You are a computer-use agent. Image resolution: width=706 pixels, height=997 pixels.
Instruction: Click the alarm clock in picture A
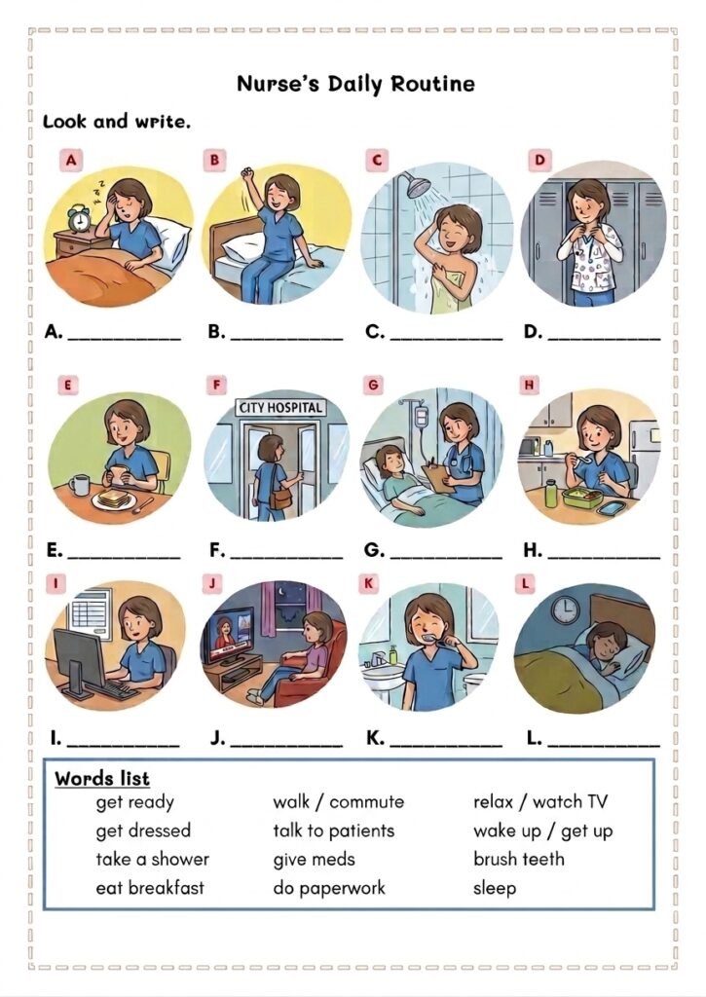coord(80,219)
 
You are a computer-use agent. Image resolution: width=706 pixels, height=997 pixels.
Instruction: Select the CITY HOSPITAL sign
coord(279,408)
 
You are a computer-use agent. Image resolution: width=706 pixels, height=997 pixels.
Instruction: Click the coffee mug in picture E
coord(80,485)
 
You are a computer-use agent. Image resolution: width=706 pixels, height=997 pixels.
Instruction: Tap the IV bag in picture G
coord(421,417)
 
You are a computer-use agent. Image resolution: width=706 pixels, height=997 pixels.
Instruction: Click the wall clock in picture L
coord(565,609)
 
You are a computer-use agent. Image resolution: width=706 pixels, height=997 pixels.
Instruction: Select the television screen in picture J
coord(228,630)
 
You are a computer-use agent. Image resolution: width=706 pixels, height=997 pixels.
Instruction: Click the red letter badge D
coord(539,160)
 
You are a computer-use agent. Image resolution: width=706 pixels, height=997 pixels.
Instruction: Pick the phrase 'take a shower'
coord(152,859)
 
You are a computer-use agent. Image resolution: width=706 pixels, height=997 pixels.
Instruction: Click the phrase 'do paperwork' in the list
coord(329,888)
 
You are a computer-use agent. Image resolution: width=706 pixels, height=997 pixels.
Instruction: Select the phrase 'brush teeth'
coord(518,859)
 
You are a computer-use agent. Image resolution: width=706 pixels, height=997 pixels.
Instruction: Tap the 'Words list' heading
coord(102,778)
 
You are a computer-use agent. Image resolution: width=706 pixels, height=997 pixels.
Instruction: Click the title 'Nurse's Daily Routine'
coord(355,84)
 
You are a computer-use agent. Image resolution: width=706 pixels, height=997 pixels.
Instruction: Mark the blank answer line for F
coord(286,558)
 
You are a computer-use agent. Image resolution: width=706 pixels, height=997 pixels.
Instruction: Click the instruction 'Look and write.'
coord(117,122)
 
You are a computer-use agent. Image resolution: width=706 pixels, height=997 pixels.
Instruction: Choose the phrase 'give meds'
coord(314,860)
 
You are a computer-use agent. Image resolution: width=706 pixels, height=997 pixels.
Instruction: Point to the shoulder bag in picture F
coord(280,496)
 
